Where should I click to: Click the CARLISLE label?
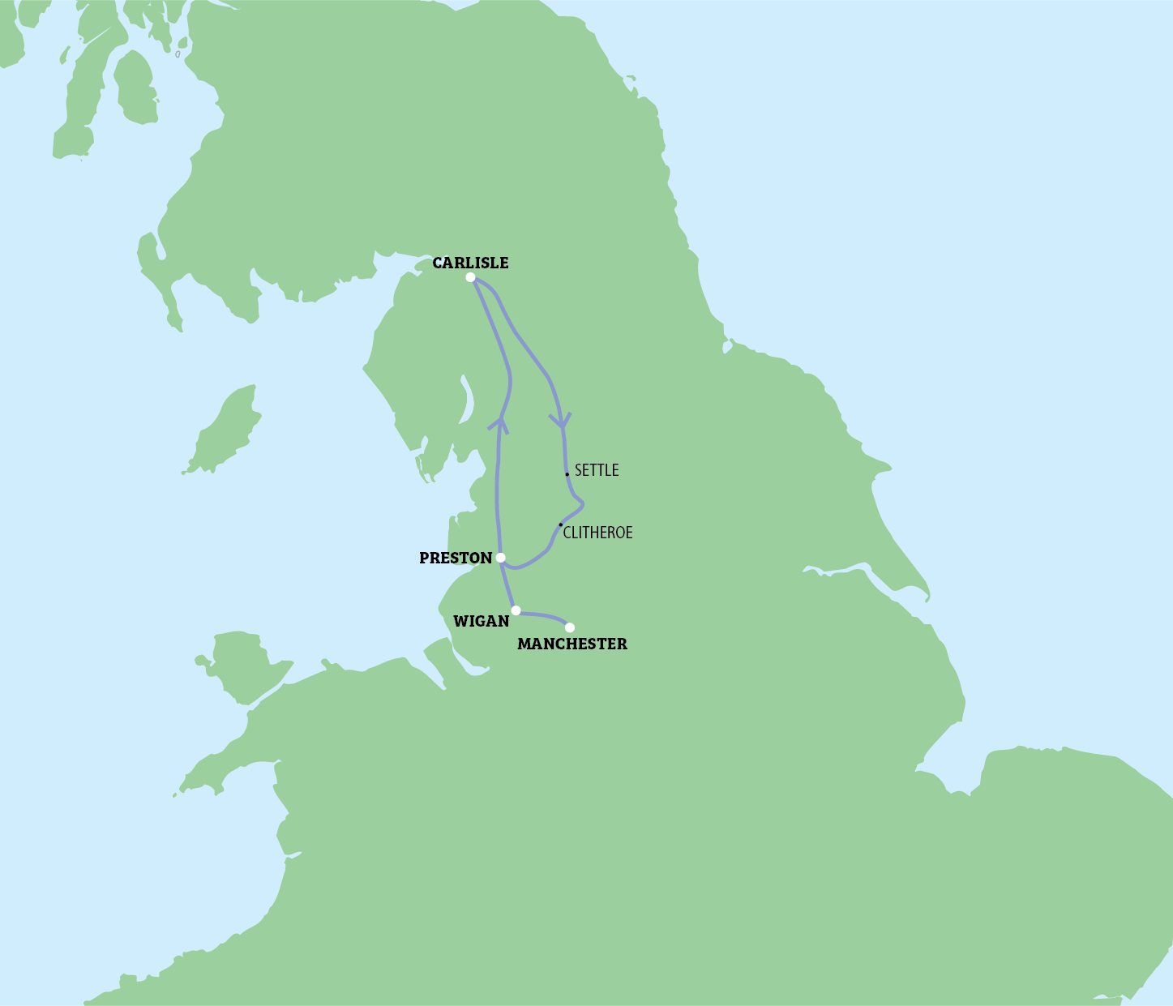pos(470,263)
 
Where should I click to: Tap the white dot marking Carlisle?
pos(470,277)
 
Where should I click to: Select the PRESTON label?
pos(456,558)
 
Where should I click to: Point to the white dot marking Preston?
pos(500,558)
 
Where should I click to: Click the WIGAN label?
pos(481,621)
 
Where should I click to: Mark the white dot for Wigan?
pos(516,610)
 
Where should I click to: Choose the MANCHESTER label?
pos(572,644)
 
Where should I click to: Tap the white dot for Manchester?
pos(570,627)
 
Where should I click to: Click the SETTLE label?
pos(597,470)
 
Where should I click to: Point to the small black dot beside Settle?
pos(567,474)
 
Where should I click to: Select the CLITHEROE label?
pos(597,533)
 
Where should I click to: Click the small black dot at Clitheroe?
pos(560,524)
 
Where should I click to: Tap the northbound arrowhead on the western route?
pos(500,423)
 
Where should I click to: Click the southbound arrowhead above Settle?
pos(561,422)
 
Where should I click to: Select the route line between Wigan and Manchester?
pos(543,615)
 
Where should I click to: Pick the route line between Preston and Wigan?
pos(507,584)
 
